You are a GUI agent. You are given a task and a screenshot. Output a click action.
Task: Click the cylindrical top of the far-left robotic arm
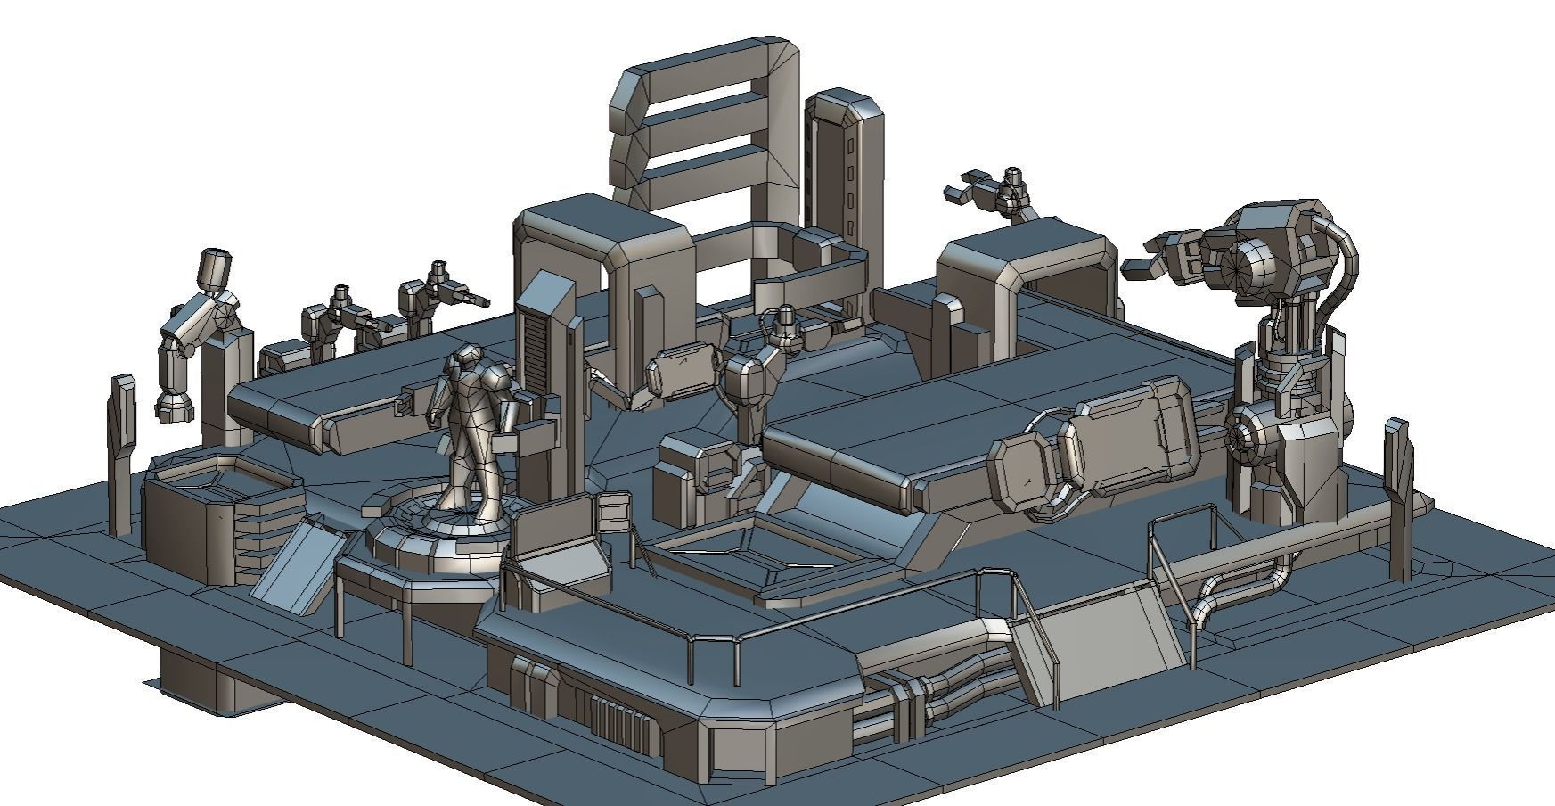pos(215,269)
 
